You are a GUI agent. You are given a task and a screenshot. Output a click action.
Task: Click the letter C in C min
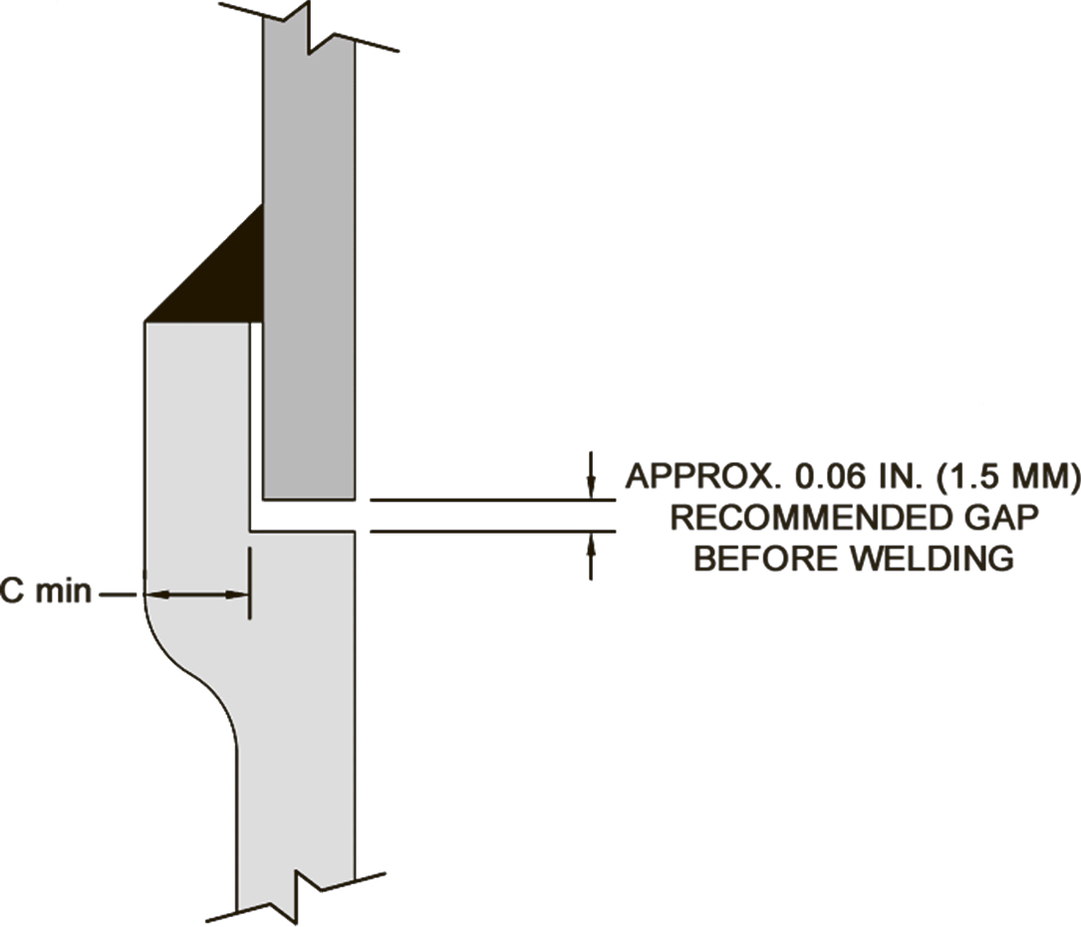(x=12, y=591)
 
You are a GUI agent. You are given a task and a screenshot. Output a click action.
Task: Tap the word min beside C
(x=64, y=591)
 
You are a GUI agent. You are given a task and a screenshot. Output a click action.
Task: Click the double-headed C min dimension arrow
(x=196, y=594)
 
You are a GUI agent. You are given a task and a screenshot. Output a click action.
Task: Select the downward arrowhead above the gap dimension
(x=591, y=487)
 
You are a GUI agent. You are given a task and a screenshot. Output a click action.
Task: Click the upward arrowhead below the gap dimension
(x=591, y=545)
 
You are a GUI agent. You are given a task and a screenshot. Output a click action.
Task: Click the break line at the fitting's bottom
(x=297, y=897)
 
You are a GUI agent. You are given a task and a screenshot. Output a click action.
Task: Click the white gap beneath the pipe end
(x=303, y=516)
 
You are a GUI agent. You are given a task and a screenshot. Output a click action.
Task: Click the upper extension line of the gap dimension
(x=493, y=500)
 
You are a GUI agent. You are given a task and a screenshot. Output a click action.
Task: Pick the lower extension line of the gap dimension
(x=493, y=532)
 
